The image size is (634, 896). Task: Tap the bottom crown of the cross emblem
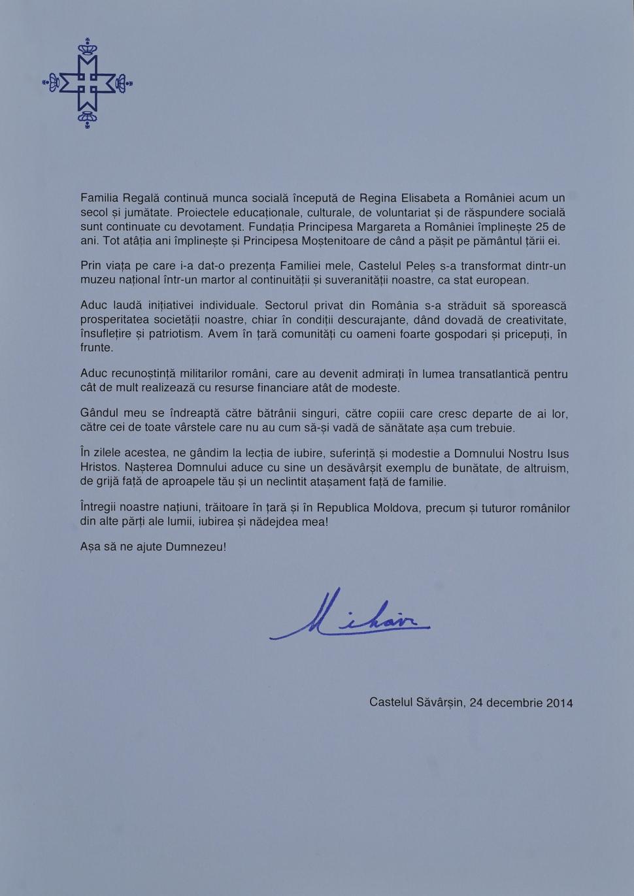(87, 118)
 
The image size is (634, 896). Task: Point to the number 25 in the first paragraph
(541, 227)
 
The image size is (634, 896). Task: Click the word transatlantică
(493, 374)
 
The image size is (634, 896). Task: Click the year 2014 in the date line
(559, 703)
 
